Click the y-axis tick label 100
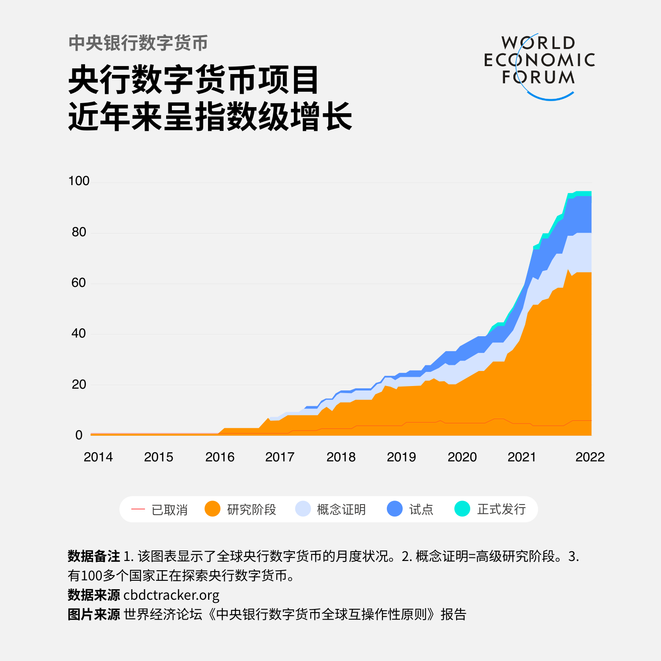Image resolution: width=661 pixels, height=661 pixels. [79, 181]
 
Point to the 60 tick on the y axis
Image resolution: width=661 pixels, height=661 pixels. [78, 282]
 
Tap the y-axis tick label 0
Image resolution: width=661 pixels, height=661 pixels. [79, 435]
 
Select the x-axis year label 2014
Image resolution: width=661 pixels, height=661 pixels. [98, 457]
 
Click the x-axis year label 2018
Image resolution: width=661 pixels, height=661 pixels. [341, 457]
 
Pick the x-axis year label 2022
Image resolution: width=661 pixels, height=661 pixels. [590, 457]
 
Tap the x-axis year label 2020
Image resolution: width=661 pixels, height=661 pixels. [462, 457]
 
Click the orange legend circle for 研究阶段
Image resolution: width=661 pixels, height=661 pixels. [212, 509]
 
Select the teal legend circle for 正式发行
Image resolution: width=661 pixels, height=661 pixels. [462, 509]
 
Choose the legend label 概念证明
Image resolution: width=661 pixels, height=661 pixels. [341, 509]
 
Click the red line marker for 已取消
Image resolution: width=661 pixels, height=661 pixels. [138, 509]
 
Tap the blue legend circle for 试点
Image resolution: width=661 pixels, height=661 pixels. [395, 509]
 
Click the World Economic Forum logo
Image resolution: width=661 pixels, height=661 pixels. [539, 65]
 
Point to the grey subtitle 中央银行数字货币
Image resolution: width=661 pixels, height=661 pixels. [138, 43]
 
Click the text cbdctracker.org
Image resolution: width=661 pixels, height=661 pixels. [171, 595]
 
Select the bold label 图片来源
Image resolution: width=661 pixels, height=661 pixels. [94, 614]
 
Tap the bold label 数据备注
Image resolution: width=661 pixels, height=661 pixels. [94, 556]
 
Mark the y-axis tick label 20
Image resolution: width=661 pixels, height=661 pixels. [79, 384]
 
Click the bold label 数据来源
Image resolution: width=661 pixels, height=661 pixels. [94, 595]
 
